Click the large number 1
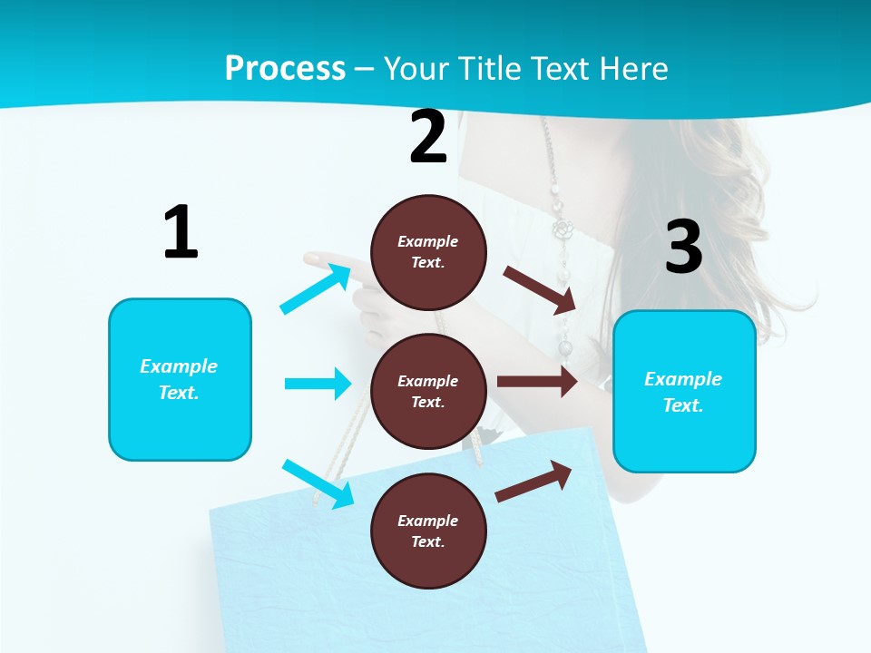pyautogui.click(x=181, y=232)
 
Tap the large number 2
pyautogui.click(x=428, y=137)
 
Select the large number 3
pyautogui.click(x=684, y=247)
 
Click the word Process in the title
pyautogui.click(x=285, y=68)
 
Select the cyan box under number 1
pyautogui.click(x=180, y=379)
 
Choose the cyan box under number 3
pyautogui.click(x=684, y=392)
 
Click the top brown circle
pyautogui.click(x=428, y=252)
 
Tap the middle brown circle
pyautogui.click(x=428, y=391)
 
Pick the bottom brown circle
pyautogui.click(x=428, y=531)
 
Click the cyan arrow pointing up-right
pyautogui.click(x=316, y=288)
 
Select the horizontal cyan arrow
pyautogui.click(x=318, y=384)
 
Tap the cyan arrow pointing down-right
pyautogui.click(x=318, y=483)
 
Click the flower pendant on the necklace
pyautogui.click(x=564, y=229)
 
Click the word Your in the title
pyautogui.click(x=414, y=68)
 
